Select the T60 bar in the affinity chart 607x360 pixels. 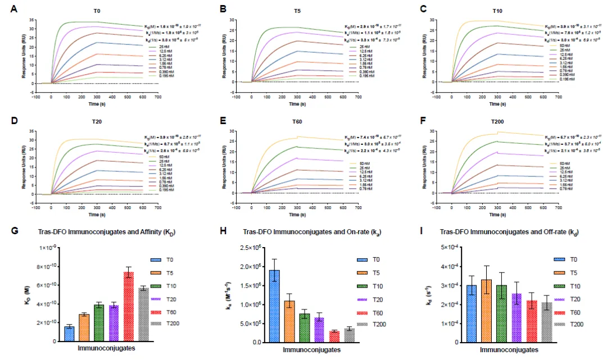click(129, 307)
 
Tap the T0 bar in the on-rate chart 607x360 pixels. click(275, 306)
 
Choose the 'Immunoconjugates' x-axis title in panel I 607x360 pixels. click(512, 349)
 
